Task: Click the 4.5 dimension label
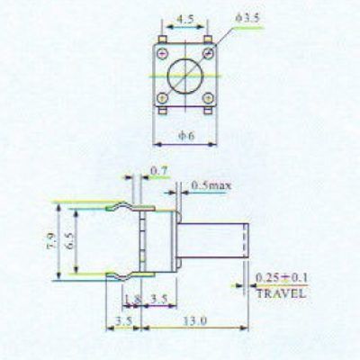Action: pos(185,20)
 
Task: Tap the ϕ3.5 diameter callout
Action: pos(247,19)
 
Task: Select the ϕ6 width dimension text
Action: pos(186,136)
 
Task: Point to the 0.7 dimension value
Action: pos(159,171)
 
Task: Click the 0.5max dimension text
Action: pos(211,186)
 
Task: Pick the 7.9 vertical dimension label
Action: pos(51,240)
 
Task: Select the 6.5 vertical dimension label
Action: pos(69,240)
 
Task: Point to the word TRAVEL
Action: pos(281,293)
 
